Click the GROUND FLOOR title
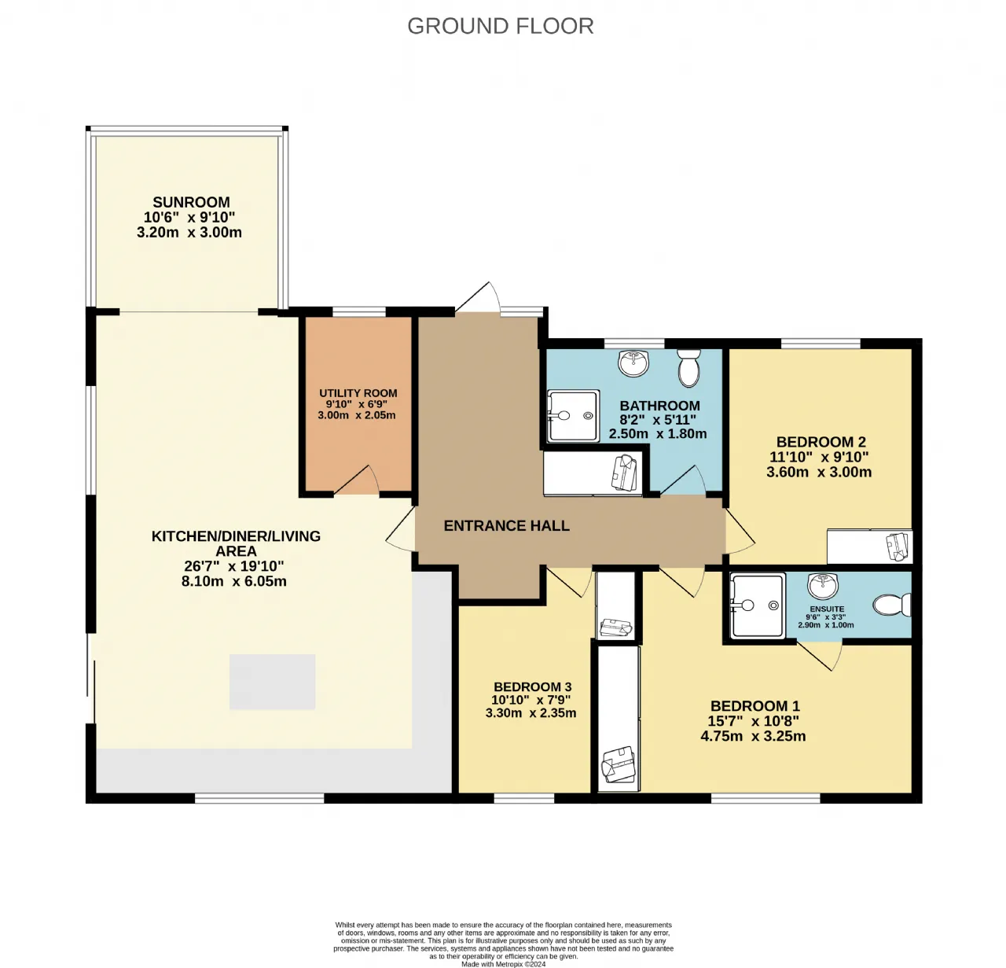[501, 26]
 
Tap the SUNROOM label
[191, 202]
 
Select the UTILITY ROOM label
[358, 393]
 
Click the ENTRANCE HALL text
[507, 525]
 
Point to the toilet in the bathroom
[689, 367]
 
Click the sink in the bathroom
[633, 363]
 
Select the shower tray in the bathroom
[573, 416]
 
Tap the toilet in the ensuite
[892, 605]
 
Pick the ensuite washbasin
[823, 586]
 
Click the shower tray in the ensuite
[758, 605]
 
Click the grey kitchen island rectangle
[273, 682]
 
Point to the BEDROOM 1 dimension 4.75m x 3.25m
[753, 736]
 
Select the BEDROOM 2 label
[821, 442]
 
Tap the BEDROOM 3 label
[532, 686]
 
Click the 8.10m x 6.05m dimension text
[233, 581]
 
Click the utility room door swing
[357, 480]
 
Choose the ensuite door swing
[820, 656]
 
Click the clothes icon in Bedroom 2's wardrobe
[898, 547]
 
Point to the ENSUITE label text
[827, 609]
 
